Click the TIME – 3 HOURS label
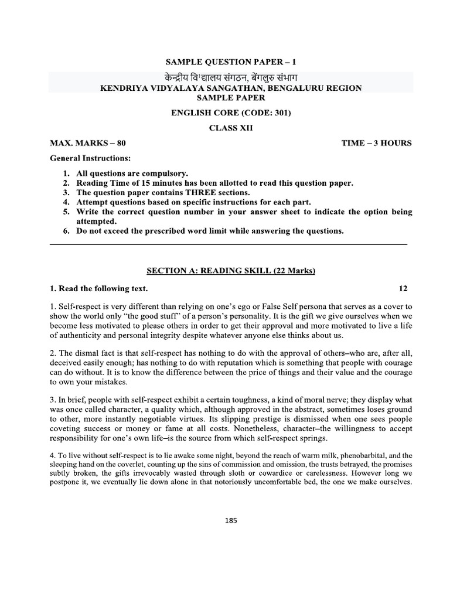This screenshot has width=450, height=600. (377, 143)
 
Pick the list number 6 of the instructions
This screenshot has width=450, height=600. (66, 231)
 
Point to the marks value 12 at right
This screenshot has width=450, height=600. (403, 289)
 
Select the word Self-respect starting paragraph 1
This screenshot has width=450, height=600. (79, 306)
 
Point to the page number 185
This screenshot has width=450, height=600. (230, 519)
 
